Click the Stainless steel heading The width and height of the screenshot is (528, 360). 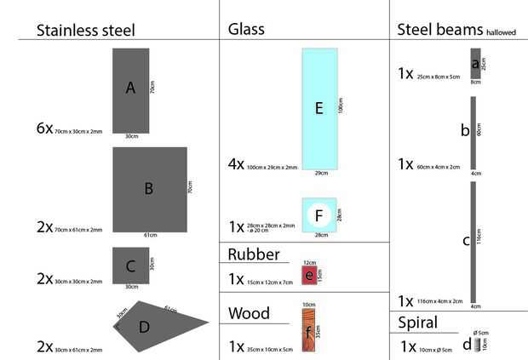(86, 31)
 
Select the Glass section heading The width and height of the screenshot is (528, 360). (246, 29)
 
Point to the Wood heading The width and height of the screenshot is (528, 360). (249, 314)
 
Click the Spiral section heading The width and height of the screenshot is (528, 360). (417, 323)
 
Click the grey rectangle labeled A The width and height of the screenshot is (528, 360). (131, 90)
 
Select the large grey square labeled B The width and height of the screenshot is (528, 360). (149, 189)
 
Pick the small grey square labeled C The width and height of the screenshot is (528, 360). (130, 266)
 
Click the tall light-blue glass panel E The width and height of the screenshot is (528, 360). (319, 107)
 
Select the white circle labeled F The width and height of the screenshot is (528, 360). (319, 214)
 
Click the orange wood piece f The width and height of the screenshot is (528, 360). (309, 328)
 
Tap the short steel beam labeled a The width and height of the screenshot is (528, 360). (475, 64)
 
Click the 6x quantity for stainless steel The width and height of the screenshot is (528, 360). (43, 129)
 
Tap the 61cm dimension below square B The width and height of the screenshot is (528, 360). (150, 236)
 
